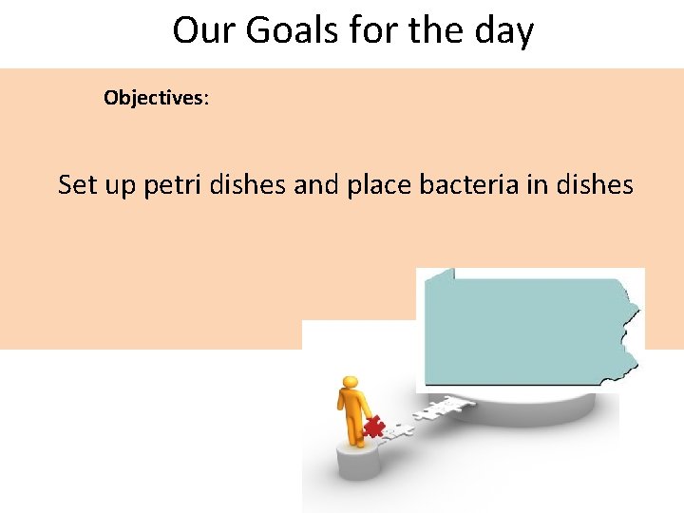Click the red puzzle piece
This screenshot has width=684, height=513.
(373, 427)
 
